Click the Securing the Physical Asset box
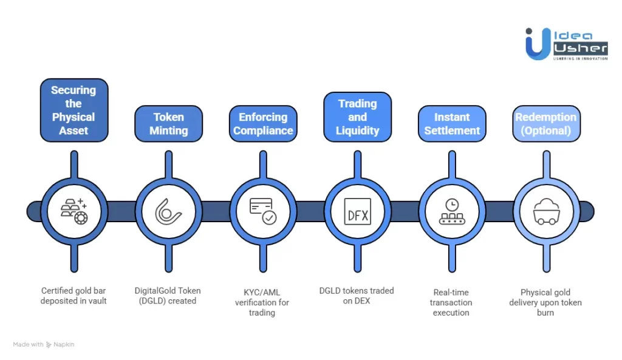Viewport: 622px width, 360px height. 74,110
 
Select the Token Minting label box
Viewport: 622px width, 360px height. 168,123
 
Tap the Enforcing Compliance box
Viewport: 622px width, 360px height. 263,123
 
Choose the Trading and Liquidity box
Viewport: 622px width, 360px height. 357,117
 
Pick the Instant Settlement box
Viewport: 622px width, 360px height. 452,123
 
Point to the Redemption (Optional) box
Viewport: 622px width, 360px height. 546,123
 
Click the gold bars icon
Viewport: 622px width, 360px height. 74,211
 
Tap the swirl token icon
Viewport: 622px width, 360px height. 168,211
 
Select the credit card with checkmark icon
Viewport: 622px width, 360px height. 263,211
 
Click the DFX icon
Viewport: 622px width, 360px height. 357,211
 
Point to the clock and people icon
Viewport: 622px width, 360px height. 452,211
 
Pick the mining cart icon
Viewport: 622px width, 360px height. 546,211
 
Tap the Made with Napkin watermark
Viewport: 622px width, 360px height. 44,344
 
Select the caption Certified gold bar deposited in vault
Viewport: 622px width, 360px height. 74,296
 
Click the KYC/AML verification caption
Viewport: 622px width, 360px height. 262,302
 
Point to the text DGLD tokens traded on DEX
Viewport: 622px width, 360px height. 357,296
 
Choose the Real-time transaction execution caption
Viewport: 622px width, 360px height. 451,302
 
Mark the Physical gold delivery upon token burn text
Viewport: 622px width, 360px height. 545,302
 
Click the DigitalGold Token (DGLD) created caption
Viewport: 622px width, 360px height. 168,296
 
